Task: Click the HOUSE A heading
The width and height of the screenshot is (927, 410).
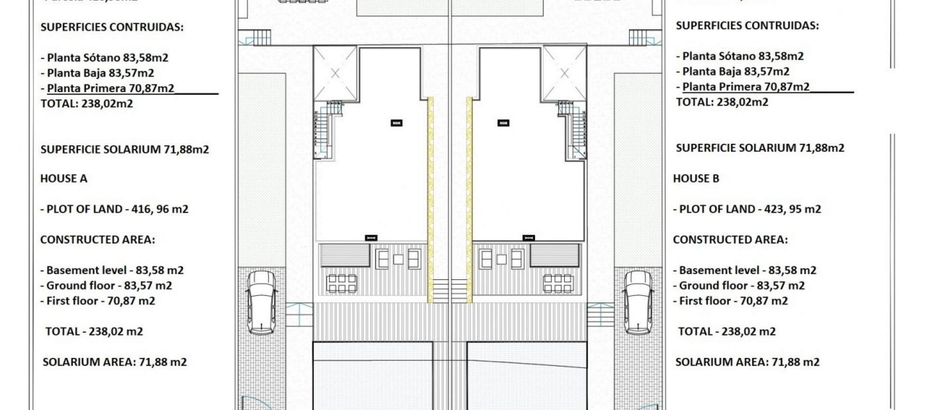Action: click(x=64, y=178)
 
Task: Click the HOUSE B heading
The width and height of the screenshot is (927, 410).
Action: click(x=696, y=178)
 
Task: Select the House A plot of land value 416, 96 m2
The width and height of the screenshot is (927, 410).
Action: click(x=159, y=209)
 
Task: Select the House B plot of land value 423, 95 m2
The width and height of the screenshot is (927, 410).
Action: click(x=792, y=209)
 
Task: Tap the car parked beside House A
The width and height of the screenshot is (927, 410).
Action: click(x=262, y=302)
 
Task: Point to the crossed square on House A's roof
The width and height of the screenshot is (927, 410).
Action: click(x=335, y=74)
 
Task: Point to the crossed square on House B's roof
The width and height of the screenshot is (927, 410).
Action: click(x=564, y=74)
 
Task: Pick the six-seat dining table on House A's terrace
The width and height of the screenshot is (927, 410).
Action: click(x=342, y=284)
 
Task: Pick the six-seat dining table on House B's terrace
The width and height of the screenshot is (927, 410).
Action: click(x=558, y=284)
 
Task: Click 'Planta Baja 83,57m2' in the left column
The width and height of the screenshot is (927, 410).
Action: click(x=100, y=73)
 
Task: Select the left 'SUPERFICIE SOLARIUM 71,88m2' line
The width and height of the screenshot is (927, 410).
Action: click(x=125, y=150)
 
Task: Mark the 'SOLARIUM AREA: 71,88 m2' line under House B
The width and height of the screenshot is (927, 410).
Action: click(x=747, y=362)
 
